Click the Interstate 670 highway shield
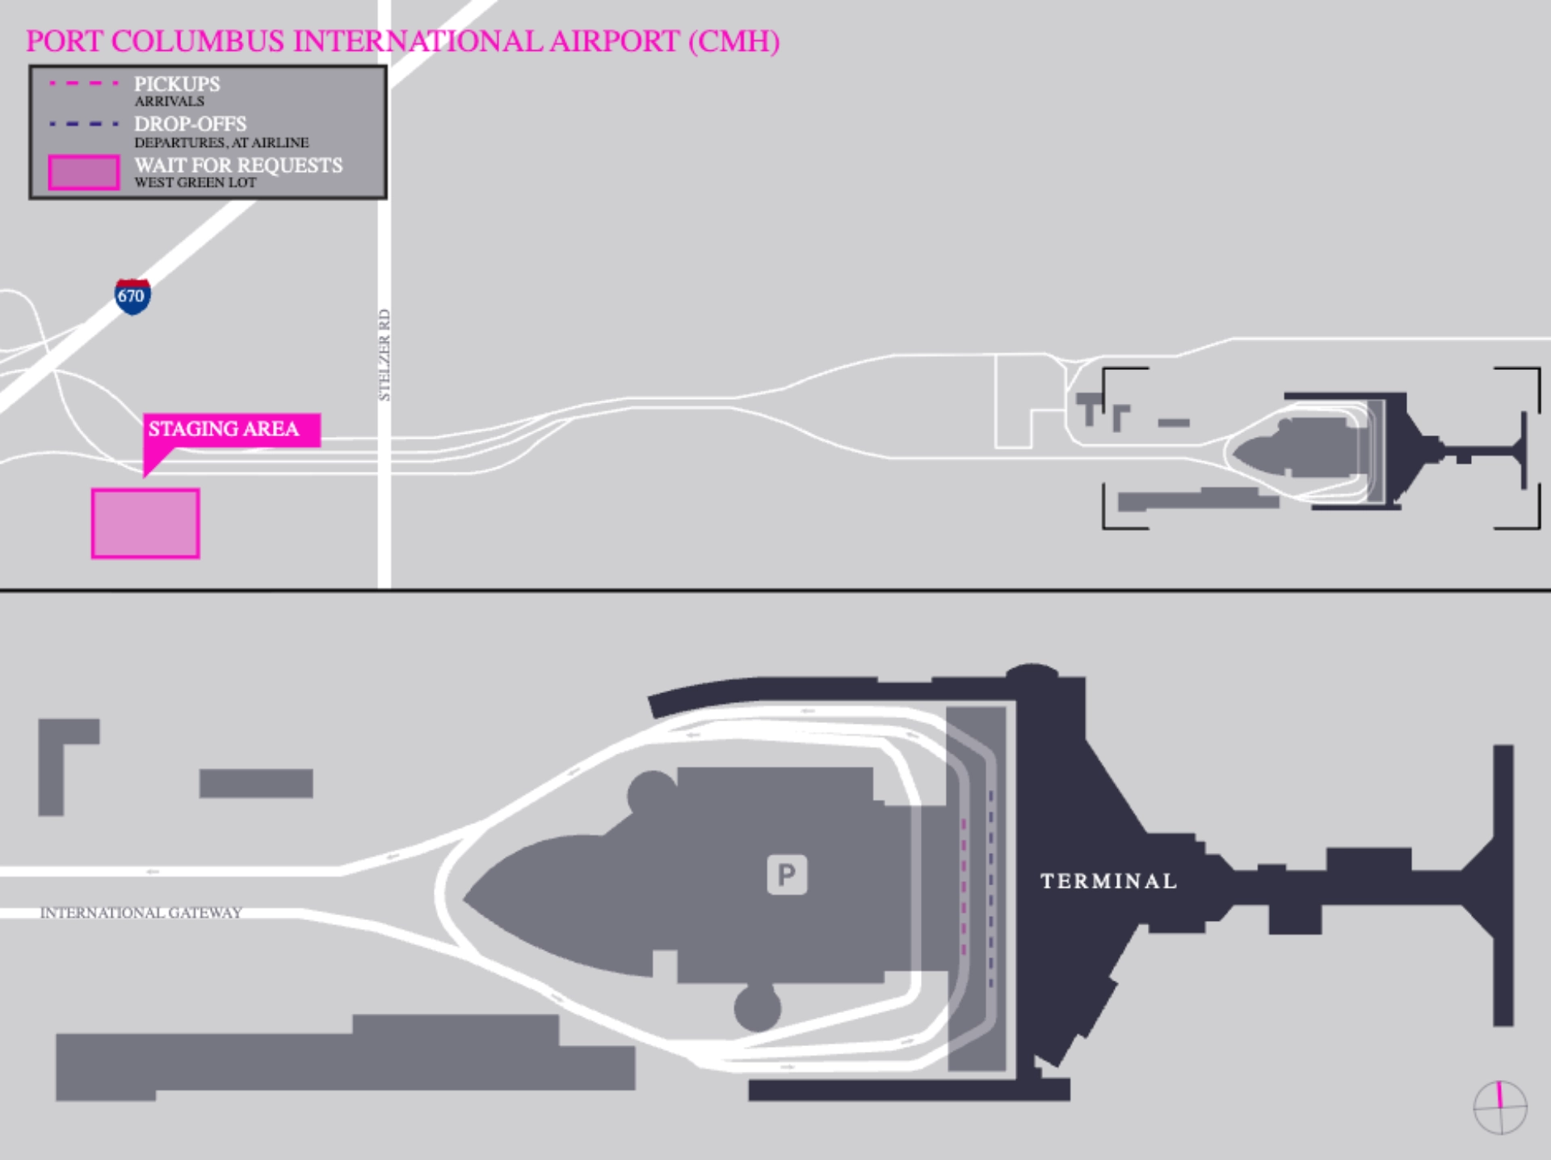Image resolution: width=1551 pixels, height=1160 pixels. (132, 296)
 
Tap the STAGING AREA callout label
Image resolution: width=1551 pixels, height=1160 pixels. (224, 429)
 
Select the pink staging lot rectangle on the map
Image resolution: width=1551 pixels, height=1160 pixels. (145, 523)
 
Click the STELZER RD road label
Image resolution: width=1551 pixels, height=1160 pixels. (385, 355)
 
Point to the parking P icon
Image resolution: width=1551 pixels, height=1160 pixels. (787, 874)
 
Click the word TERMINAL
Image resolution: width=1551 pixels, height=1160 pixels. (1108, 881)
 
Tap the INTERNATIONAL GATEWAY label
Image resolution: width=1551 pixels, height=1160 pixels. (141, 913)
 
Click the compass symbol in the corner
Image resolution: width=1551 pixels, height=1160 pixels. (1500, 1107)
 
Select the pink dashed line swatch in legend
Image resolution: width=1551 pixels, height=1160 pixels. (84, 83)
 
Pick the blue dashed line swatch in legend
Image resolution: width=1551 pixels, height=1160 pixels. (84, 124)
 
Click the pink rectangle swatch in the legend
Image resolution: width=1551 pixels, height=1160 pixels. (84, 173)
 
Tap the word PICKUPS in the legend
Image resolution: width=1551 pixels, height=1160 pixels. (177, 84)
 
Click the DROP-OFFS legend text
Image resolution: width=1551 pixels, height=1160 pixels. (191, 124)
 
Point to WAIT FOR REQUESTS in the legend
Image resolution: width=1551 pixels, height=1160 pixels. (238, 166)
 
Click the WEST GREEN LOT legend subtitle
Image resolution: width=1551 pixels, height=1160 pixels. (195, 183)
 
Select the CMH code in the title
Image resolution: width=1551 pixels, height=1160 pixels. (734, 41)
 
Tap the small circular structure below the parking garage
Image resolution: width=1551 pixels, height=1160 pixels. (757, 1008)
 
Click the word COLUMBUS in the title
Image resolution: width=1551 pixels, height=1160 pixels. (197, 41)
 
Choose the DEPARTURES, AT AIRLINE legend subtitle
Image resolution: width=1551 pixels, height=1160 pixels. (221, 143)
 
